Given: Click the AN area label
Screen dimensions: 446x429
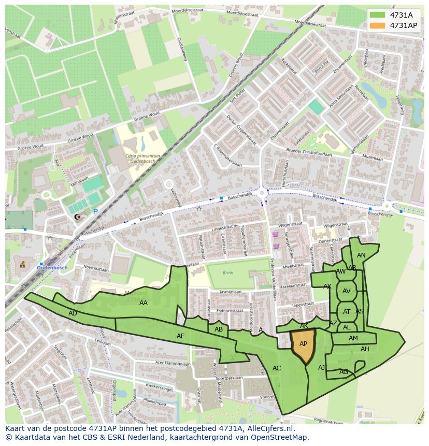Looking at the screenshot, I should pyautogui.click(x=361, y=255).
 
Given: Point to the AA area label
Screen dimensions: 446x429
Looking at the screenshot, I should pyautogui.click(x=144, y=303).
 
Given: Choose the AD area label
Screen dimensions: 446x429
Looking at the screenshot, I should pyautogui.click(x=73, y=313).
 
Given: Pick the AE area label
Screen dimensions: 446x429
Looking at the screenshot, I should pyautogui.click(x=180, y=336).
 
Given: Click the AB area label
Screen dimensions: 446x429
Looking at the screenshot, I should pyautogui.click(x=219, y=329).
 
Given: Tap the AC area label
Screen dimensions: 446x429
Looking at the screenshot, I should pyautogui.click(x=277, y=368).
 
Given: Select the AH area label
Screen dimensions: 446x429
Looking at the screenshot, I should pyautogui.click(x=365, y=349).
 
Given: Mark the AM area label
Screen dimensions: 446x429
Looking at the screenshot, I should pyautogui.click(x=353, y=338).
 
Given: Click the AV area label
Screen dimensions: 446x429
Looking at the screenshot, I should pyautogui.click(x=347, y=291).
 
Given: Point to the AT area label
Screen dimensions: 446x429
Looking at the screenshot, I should pyautogui.click(x=347, y=312).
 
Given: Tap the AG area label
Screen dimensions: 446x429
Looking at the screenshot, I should pyautogui.click(x=344, y=372).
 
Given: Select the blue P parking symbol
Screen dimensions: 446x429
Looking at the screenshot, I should pyautogui.click(x=95, y=211).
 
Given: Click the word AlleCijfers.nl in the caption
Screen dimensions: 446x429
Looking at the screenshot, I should pyautogui.click(x=271, y=428).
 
